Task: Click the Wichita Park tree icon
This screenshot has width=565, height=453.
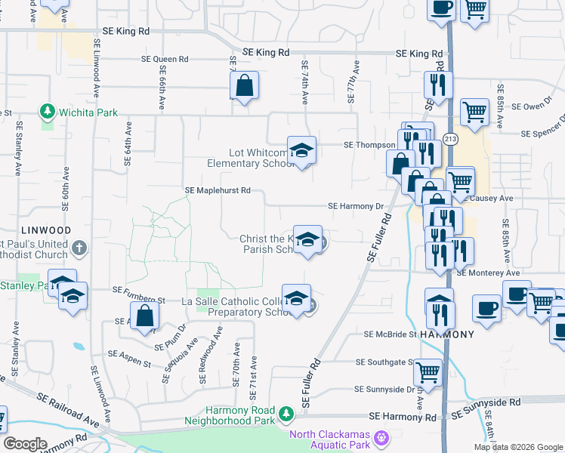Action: pyautogui.click(x=48, y=112)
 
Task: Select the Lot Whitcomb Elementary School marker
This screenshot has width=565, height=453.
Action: pyautogui.click(x=301, y=151)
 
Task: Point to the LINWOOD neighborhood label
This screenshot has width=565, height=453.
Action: pyautogui.click(x=46, y=230)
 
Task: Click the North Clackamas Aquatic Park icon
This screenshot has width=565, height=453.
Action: pyautogui.click(x=382, y=436)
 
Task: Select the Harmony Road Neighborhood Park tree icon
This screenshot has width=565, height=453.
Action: pyautogui.click(x=286, y=413)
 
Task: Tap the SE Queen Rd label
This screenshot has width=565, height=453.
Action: pyautogui.click(x=165, y=59)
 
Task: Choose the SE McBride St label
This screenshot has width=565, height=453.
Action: pyautogui.click(x=390, y=334)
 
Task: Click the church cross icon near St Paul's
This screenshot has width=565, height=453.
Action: pyautogui.click(x=80, y=248)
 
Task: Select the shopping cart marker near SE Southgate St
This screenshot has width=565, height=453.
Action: pyautogui.click(x=428, y=372)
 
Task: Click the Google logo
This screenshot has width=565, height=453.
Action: pyautogui.click(x=25, y=444)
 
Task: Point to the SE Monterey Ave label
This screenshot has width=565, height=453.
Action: pyautogui.click(x=488, y=273)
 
